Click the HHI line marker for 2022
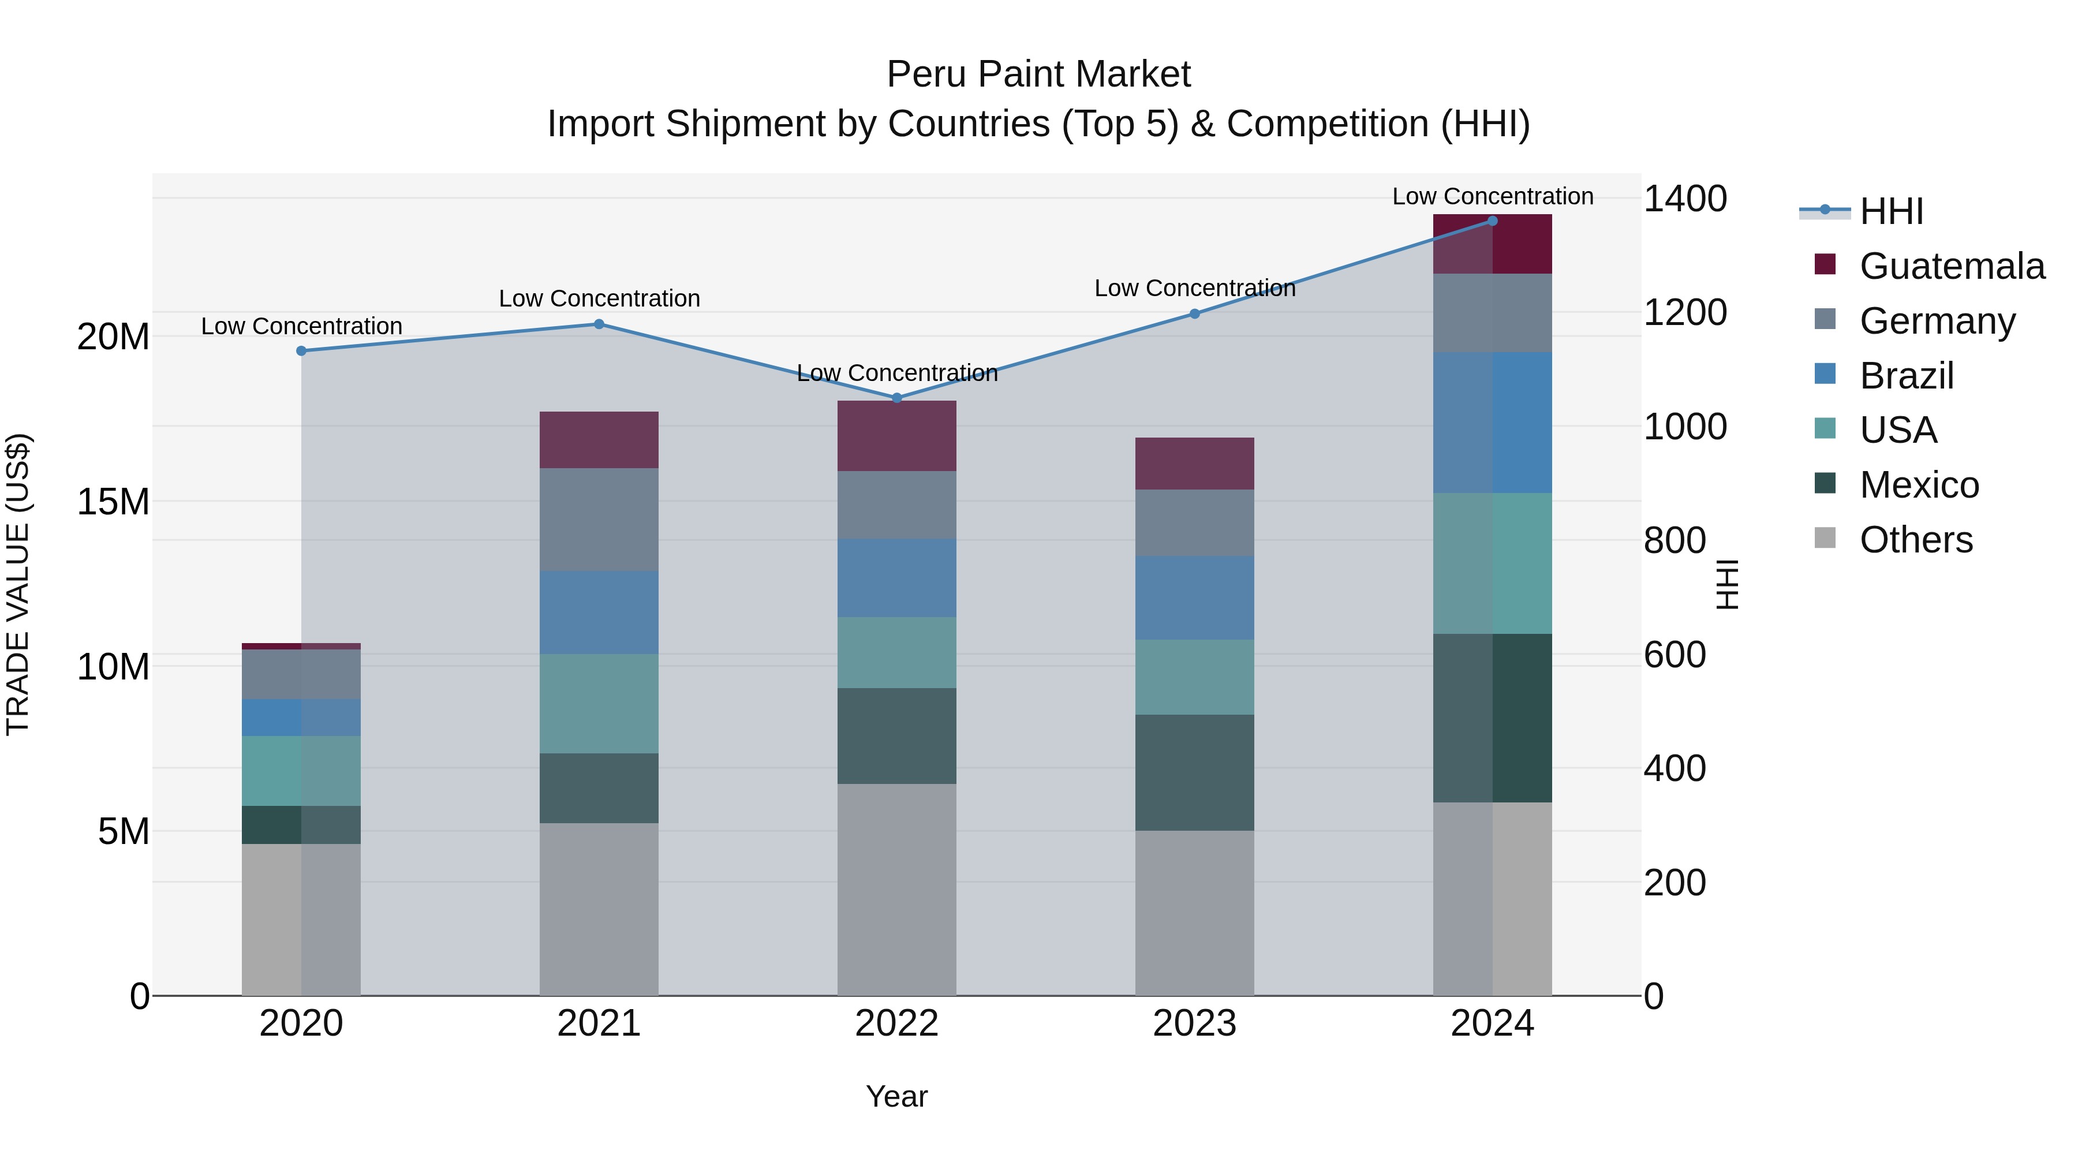point(896,398)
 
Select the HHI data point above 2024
point(1492,221)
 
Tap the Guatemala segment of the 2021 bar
point(599,440)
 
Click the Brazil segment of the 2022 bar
point(896,578)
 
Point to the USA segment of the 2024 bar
point(1492,563)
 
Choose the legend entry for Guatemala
point(1952,266)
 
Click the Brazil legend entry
point(1906,376)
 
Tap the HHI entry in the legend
point(1891,211)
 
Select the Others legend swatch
point(1824,538)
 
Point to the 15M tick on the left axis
point(113,502)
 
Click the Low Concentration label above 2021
point(599,298)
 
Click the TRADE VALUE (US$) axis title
point(18,584)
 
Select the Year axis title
point(896,1096)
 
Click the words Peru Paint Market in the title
point(1038,74)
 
